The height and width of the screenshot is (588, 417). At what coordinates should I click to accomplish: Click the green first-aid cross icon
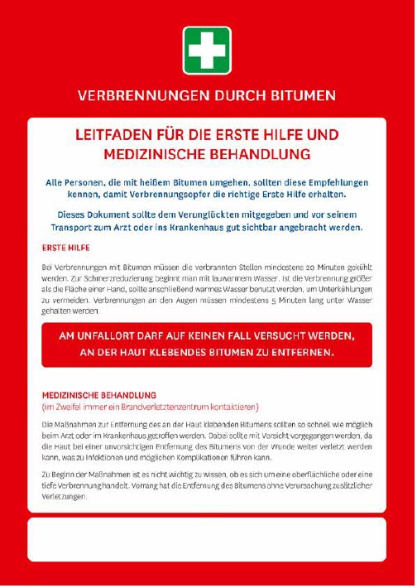[207, 49]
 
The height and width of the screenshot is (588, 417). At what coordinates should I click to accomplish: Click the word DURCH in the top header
[238, 95]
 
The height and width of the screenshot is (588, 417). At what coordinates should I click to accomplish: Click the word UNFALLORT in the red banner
[109, 336]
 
